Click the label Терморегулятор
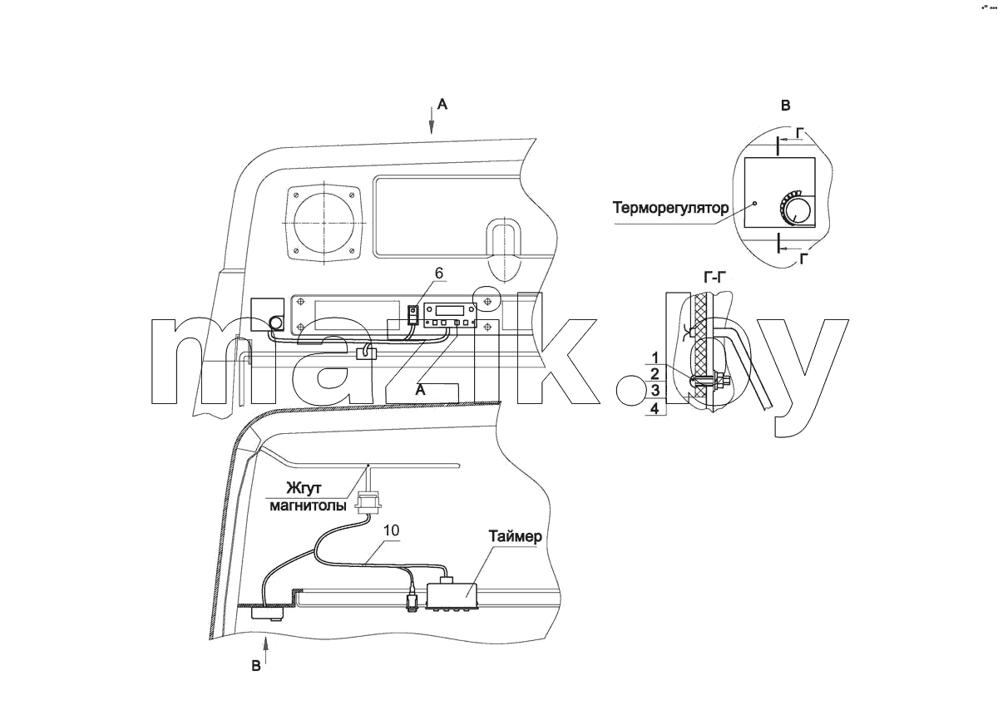(670, 208)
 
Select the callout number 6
(439, 273)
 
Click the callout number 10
(391, 530)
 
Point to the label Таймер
(516, 536)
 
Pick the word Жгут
(304, 488)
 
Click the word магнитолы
(308, 506)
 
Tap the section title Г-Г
(714, 278)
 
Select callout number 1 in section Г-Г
(655, 357)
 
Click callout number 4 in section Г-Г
(655, 408)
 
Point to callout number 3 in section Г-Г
(655, 391)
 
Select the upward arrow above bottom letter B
(266, 651)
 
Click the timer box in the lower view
(452, 595)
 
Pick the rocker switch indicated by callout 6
(414, 316)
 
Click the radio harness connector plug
(368, 502)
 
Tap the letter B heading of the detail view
(786, 106)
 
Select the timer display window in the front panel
(449, 310)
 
